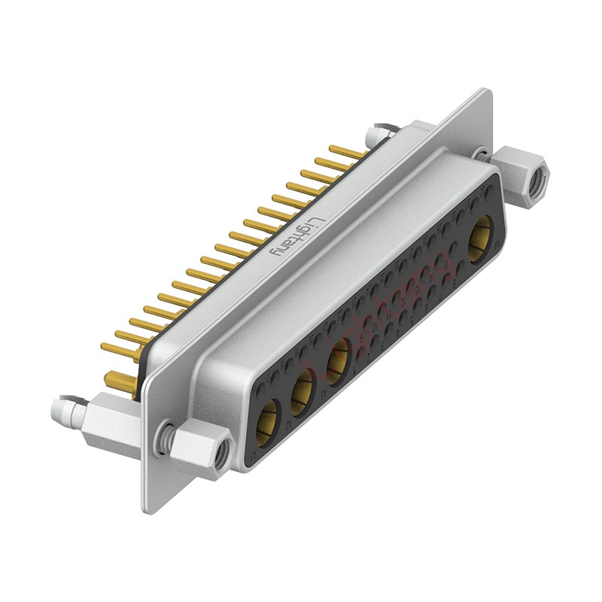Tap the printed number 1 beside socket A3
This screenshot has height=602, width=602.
[354, 374]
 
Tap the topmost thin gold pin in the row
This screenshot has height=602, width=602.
[346, 151]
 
